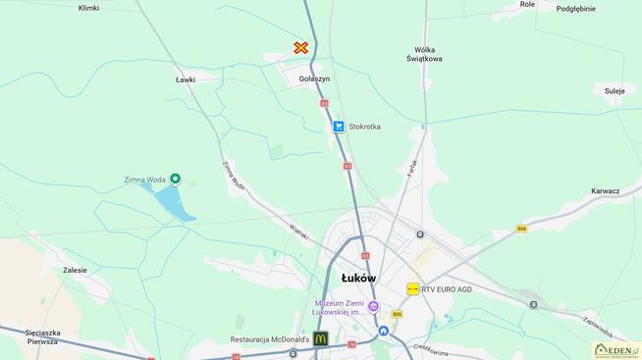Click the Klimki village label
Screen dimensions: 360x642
click(88, 8)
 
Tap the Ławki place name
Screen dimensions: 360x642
click(186, 79)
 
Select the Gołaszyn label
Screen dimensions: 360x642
click(314, 78)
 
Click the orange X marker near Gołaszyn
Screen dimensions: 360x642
click(301, 47)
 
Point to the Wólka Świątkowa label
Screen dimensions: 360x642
click(425, 54)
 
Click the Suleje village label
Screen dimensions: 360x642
click(615, 90)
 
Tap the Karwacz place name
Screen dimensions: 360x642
click(605, 190)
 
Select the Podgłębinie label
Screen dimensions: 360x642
click(576, 8)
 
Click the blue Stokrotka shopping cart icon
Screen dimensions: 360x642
click(339, 127)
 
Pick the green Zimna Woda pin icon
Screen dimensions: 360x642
click(175, 179)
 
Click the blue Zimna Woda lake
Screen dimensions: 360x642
click(173, 202)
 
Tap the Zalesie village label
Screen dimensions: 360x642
click(75, 270)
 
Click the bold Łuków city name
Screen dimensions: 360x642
click(358, 278)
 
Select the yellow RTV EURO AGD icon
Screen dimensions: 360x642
click(413, 289)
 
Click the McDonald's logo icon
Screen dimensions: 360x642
click(321, 338)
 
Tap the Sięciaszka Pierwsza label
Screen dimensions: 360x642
click(27, 336)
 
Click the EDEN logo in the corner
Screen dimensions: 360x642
click(616, 349)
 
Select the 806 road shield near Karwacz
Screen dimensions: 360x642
click(521, 229)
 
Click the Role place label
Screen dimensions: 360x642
click(528, 5)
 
